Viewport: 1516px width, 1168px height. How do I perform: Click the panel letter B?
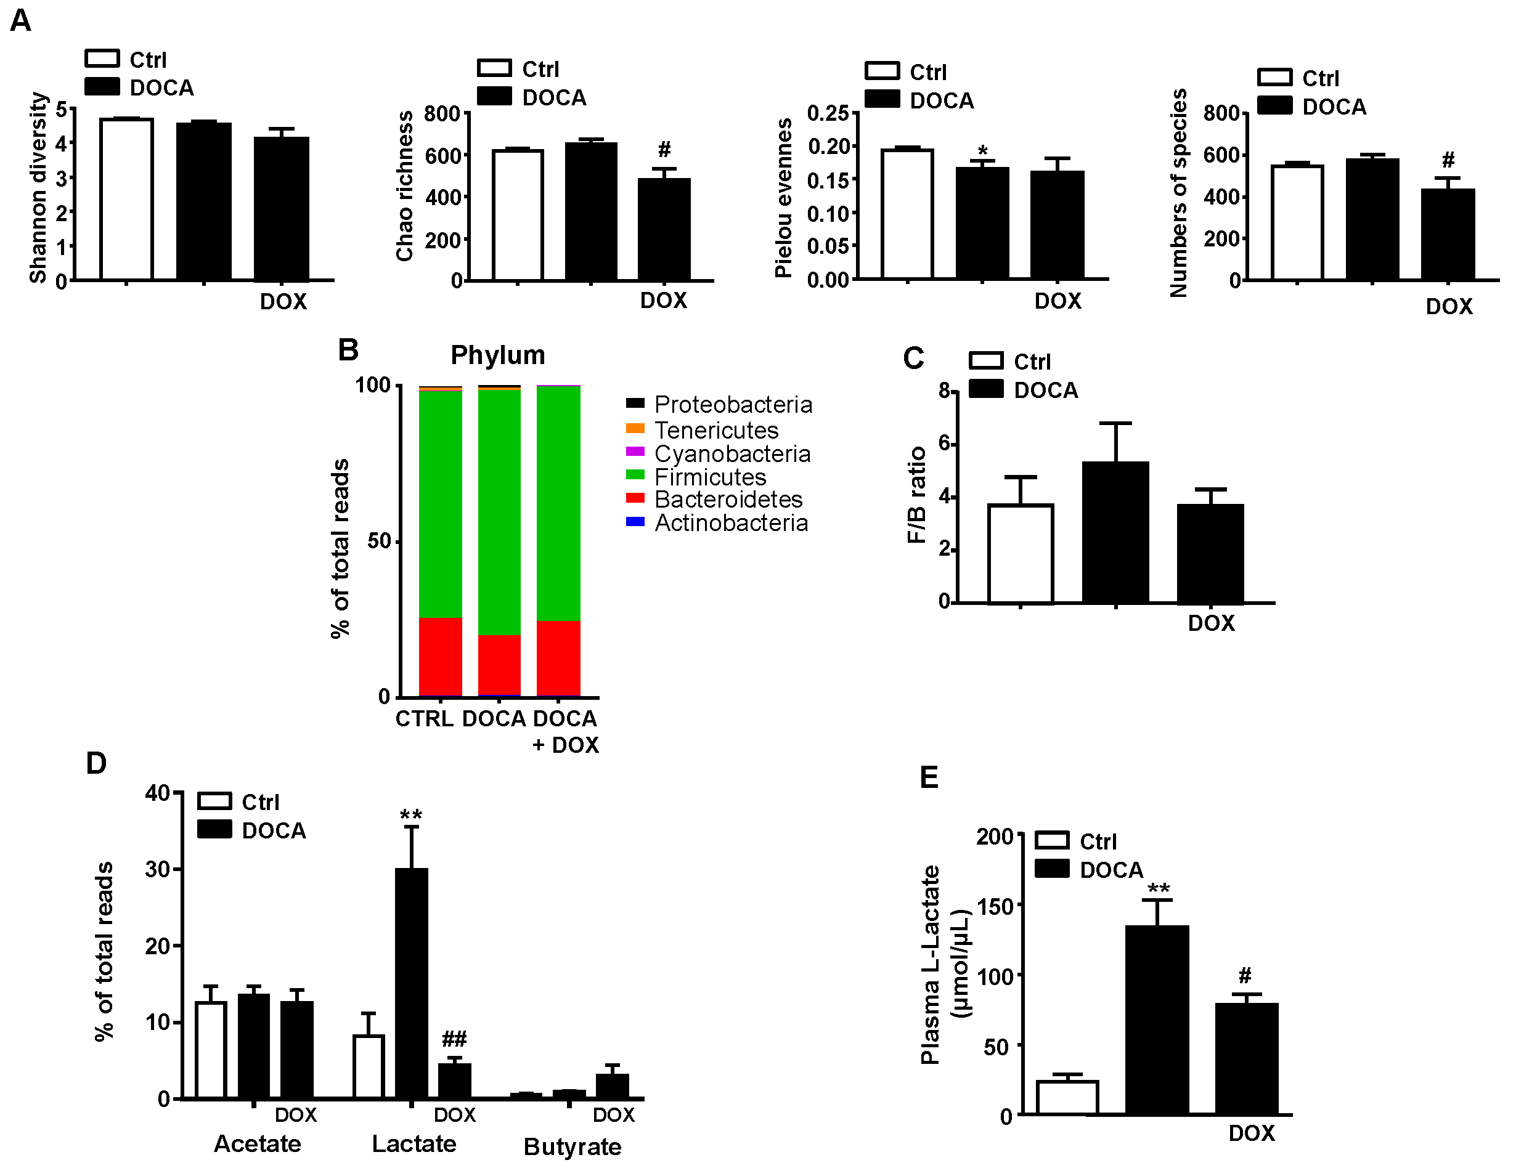click(x=348, y=350)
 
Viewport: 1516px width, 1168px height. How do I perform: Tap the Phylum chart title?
click(x=498, y=355)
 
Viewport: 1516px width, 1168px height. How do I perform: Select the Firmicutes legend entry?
click(x=709, y=477)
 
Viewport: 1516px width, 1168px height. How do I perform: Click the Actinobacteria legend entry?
click(x=730, y=522)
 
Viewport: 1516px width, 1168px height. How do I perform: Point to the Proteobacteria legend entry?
click(x=732, y=405)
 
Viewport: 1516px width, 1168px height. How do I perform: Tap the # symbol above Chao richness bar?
click(x=664, y=149)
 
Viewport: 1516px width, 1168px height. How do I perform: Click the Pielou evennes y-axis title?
click(x=783, y=198)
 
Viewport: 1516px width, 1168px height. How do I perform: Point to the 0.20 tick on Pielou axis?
click(x=829, y=147)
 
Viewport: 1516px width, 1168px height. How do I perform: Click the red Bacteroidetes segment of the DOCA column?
click(x=499, y=664)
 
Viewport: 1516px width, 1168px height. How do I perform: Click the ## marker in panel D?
click(x=455, y=1039)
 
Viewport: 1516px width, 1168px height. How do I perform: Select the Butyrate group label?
click(x=572, y=1146)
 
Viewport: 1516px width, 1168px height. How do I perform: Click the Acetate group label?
click(x=258, y=1144)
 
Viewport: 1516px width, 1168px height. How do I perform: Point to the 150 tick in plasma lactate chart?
click(x=995, y=906)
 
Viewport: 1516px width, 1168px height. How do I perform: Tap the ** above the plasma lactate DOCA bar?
click(x=1158, y=889)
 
